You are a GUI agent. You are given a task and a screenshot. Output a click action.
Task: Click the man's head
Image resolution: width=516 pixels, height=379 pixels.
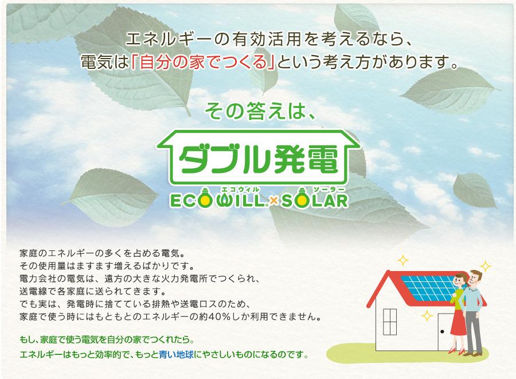[x=475, y=277]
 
